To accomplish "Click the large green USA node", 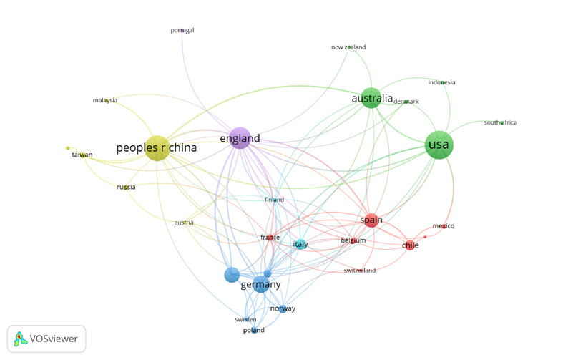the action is coord(439,145).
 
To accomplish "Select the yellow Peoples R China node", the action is coord(157,148).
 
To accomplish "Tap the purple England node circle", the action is coord(240,137).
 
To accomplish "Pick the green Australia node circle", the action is coord(371,97).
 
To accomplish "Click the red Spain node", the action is coord(371,220).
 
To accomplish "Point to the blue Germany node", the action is coord(261,284).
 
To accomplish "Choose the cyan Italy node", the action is coord(300,244).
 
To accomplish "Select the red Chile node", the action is coord(411,245).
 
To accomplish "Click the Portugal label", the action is coord(182,31).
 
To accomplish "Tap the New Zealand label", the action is coord(348,47).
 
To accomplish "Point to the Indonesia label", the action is coord(441,82).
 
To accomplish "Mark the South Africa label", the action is coord(500,122).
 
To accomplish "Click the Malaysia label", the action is coord(105,100).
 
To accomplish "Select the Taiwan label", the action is coord(82,155).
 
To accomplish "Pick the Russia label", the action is coord(126,187).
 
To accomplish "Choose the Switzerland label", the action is coord(359,271).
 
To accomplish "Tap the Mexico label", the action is coord(443,226).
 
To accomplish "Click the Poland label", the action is coord(253,330).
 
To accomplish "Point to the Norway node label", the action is coord(283,308).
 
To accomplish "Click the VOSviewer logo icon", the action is coord(20,339).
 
